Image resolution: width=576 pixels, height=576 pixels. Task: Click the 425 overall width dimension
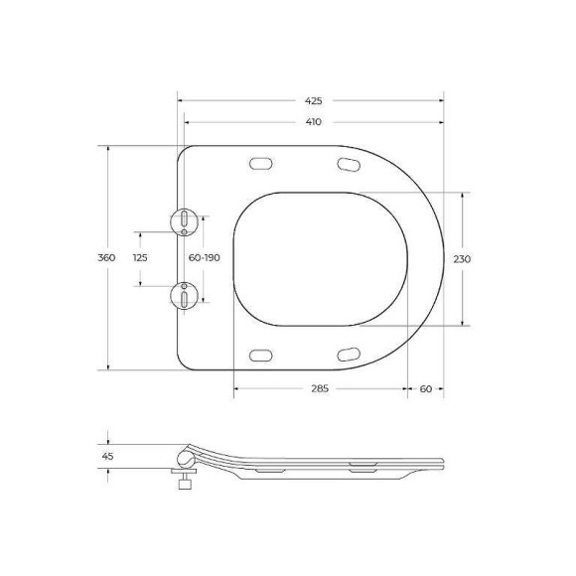pos(314,100)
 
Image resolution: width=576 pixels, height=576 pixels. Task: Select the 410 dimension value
pos(314,122)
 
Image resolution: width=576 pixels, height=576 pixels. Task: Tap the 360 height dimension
pos(107,258)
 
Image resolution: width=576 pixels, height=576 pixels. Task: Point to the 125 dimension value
pos(140,258)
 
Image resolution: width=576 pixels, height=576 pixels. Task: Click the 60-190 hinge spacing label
pos(205,258)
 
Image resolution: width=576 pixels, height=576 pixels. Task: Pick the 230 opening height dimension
pos(462,258)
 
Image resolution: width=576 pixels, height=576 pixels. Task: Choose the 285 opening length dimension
pos(320,388)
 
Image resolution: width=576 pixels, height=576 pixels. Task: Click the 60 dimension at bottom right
pos(425,388)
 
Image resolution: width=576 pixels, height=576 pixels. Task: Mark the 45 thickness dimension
pos(107,456)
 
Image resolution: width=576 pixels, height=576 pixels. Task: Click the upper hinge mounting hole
pos(185,221)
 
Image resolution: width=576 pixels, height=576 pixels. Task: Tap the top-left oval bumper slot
pos(263,163)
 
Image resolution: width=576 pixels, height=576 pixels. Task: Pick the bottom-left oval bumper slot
pos(263,354)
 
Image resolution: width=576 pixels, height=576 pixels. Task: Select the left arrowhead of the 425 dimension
pos(180,100)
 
